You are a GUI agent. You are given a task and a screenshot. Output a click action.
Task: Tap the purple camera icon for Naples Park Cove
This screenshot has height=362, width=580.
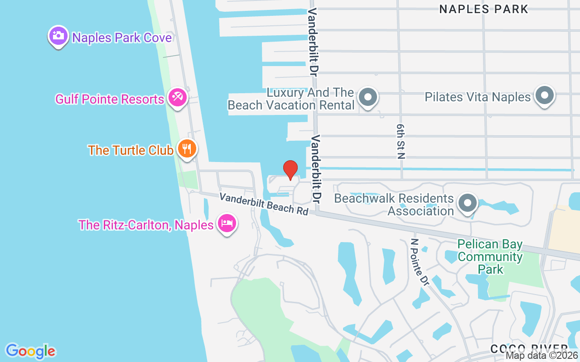pos(58,36)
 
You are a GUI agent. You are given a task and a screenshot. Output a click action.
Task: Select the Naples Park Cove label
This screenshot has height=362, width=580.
pos(122,37)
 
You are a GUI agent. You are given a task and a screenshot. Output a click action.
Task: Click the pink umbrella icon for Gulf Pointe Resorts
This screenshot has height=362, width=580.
pos(177,97)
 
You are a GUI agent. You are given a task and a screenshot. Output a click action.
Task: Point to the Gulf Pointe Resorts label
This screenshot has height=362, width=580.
pos(109,99)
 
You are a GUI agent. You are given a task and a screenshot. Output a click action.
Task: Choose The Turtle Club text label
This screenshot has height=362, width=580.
pos(130,150)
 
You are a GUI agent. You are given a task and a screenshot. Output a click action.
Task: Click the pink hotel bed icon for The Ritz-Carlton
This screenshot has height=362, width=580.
pos(227,223)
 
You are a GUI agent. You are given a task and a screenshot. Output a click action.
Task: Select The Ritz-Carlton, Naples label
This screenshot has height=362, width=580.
pos(145,225)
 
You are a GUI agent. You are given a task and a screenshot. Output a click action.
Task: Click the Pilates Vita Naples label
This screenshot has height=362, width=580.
pos(478,97)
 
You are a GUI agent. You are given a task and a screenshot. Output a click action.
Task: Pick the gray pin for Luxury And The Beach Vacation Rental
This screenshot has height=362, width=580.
pos(368,97)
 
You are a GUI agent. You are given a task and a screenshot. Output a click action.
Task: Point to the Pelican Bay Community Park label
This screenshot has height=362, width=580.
pos(490,257)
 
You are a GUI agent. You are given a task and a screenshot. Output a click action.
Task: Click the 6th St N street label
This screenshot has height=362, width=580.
pos(400,141)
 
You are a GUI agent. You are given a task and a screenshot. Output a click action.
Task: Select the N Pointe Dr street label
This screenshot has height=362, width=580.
pos(419,262)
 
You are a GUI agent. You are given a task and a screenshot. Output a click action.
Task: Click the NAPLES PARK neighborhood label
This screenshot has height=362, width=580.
pos(483,9)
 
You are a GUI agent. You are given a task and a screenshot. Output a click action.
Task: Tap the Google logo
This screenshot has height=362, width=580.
pos(30,351)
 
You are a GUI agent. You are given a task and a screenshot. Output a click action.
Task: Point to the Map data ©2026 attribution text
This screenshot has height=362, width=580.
pos(542,356)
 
